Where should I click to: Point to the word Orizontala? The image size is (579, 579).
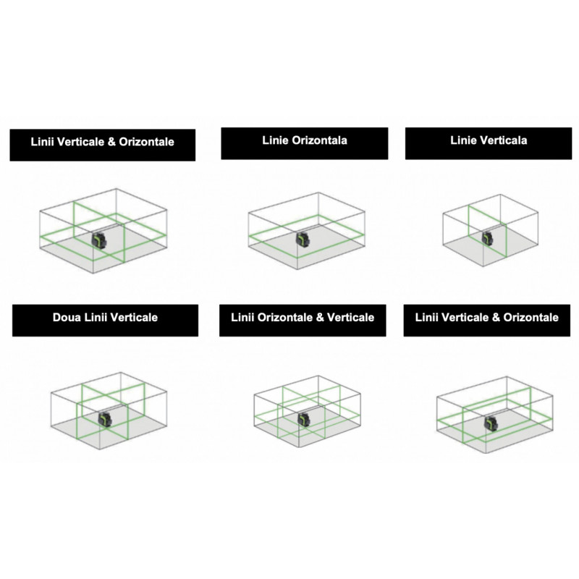pyautogui.click(x=319, y=140)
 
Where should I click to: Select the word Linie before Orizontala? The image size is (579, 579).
pyautogui.click(x=276, y=140)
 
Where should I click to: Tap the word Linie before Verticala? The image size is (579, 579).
pyautogui.click(x=463, y=140)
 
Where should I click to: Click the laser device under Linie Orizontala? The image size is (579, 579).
pyautogui.click(x=303, y=240)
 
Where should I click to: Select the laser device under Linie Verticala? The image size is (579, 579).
pyautogui.click(x=488, y=238)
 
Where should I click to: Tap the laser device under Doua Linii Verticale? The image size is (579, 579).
pyautogui.click(x=105, y=419)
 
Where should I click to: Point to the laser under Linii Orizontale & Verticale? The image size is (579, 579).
pyautogui.click(x=304, y=420)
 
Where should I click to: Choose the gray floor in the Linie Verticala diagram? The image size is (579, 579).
pyautogui.click(x=491, y=245)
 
